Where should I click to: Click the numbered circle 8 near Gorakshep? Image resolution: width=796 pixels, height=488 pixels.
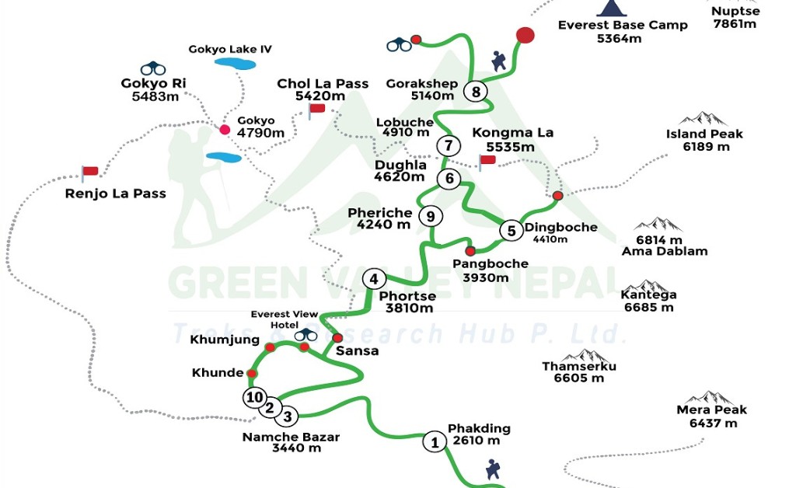point(476,91)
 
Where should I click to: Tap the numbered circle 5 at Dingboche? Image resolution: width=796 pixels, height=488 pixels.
point(511,231)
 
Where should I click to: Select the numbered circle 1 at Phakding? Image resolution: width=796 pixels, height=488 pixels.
point(434,442)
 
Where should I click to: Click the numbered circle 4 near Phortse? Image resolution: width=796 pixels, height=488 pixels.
point(374,279)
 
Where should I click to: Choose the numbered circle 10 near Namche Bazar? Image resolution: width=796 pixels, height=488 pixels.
point(253,398)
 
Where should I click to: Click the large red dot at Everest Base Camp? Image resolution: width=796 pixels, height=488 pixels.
point(525,35)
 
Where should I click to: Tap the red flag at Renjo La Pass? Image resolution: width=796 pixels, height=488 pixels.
point(89,171)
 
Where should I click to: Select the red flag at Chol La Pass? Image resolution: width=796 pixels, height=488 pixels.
point(316,108)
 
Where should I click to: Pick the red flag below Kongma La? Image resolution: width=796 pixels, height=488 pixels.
point(487,160)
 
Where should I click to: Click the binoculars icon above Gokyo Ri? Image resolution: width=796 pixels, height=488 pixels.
point(153,68)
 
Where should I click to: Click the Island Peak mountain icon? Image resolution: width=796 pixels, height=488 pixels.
point(703,119)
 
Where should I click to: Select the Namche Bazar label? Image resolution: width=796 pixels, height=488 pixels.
point(291,437)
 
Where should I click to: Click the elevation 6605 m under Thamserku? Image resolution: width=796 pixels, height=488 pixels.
point(579,378)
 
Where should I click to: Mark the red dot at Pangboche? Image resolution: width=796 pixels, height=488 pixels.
point(470,251)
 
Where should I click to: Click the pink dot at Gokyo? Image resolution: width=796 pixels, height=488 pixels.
point(225,130)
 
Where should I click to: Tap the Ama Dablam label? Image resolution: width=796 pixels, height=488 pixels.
point(665,251)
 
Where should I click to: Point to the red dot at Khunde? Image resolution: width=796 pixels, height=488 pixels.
point(252,374)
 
